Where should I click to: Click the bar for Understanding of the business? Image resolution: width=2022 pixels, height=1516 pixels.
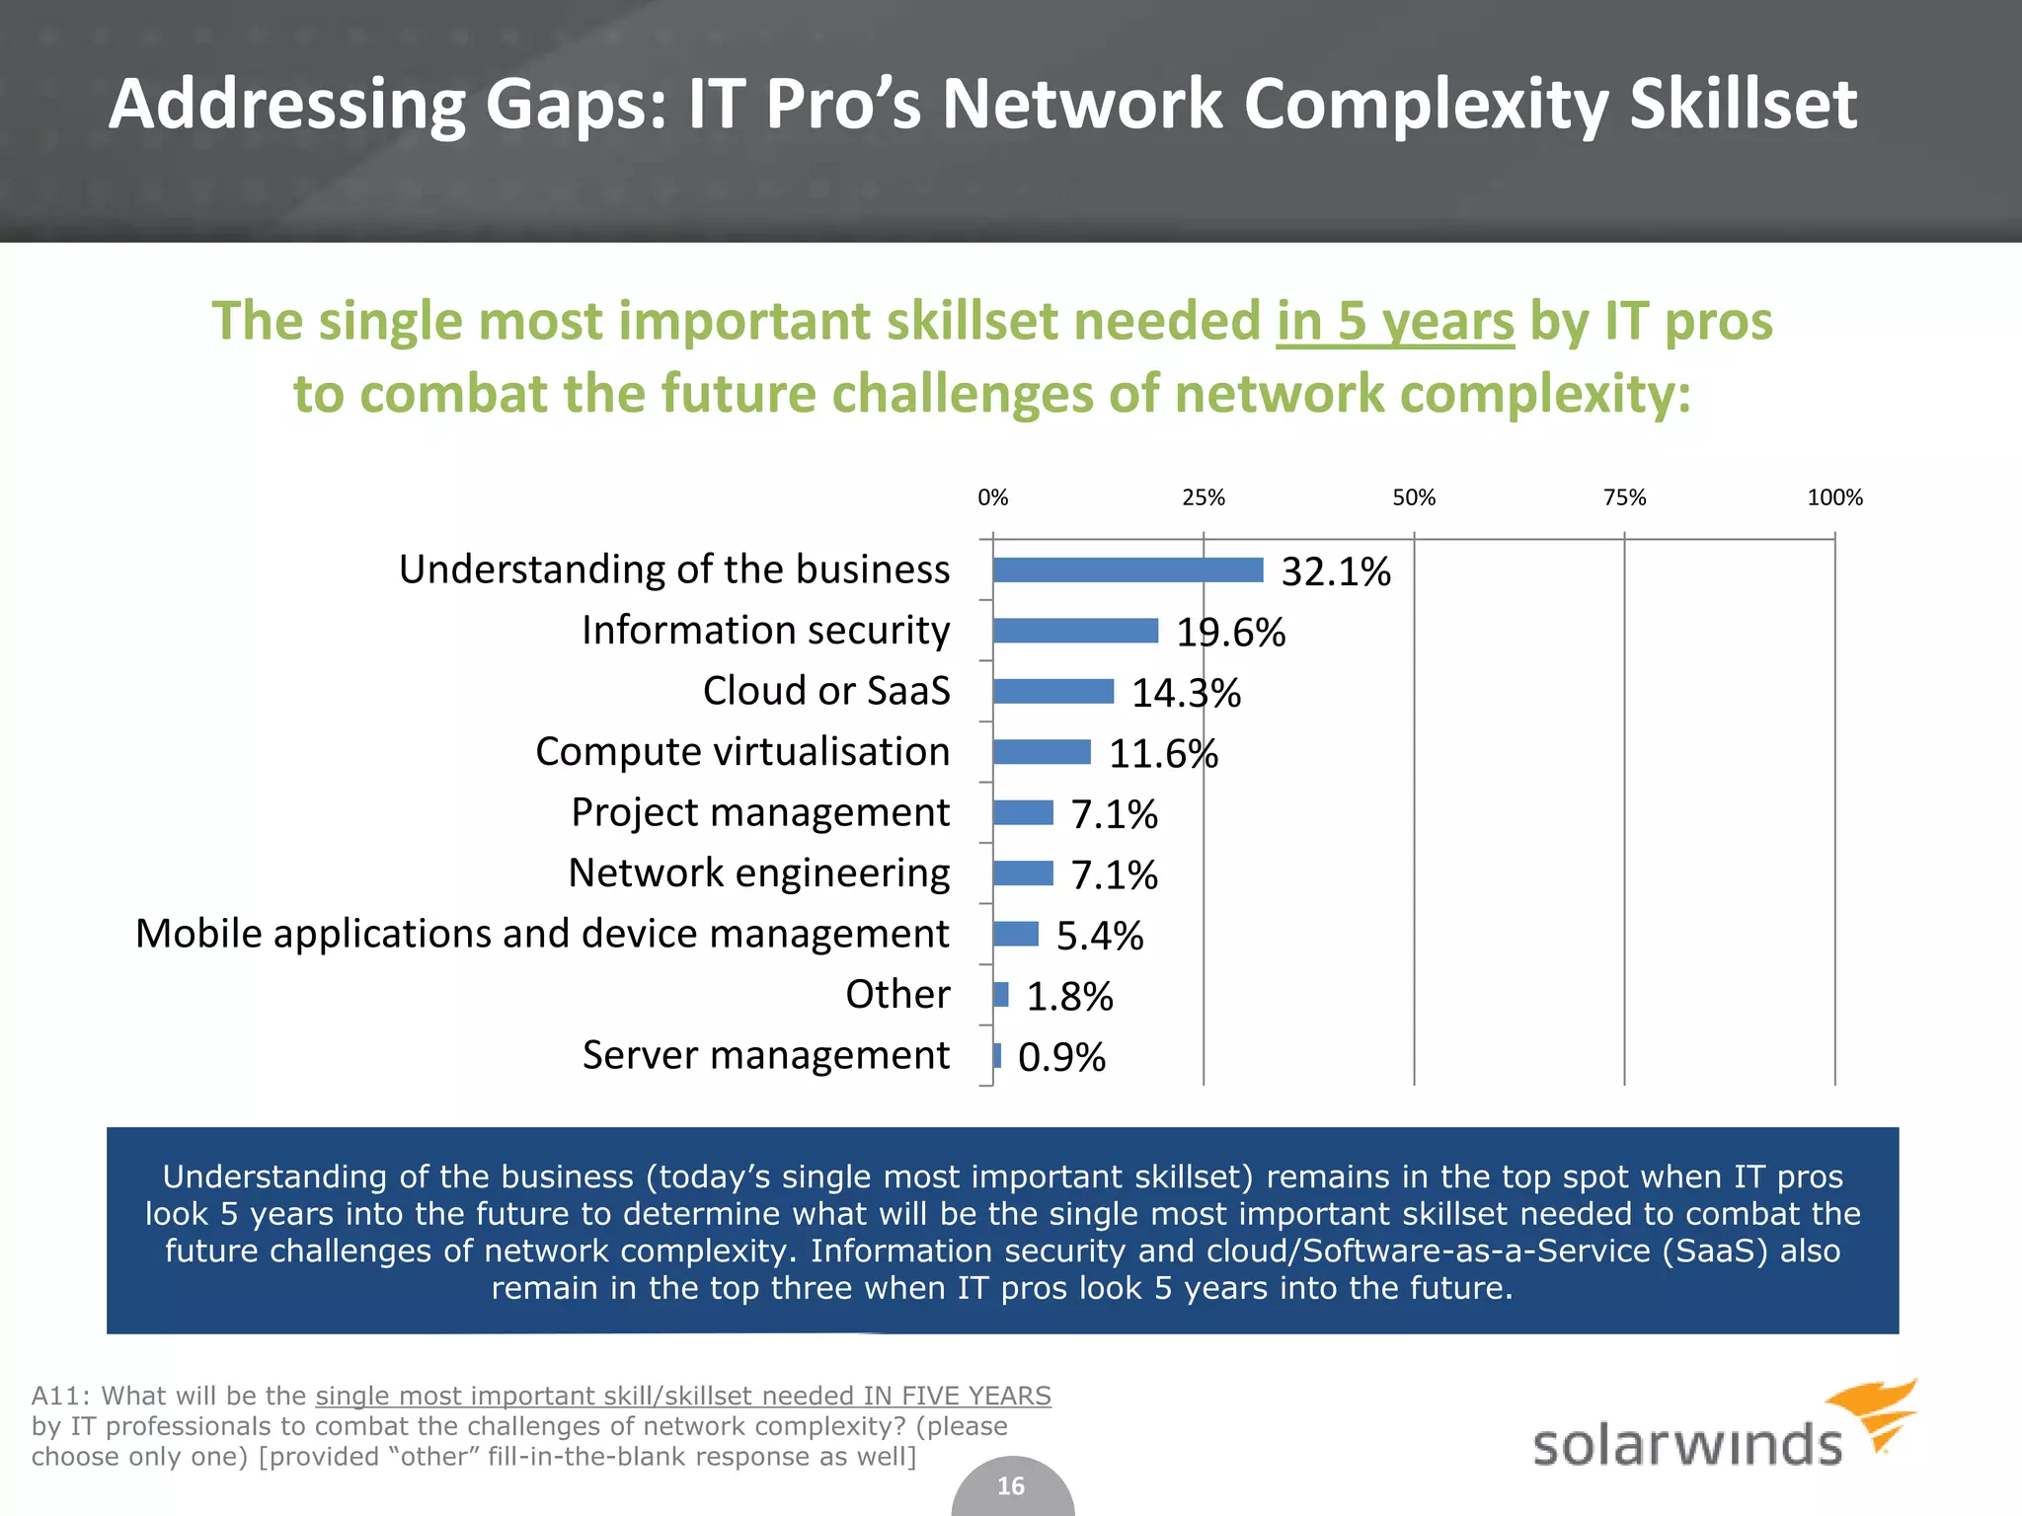[1128, 570]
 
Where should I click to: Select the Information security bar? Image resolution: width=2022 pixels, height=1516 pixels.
[1075, 631]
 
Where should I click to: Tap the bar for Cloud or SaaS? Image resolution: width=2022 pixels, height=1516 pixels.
[1052, 691]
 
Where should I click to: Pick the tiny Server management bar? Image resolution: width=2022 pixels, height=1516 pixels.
[997, 1056]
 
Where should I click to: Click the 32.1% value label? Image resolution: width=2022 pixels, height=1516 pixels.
[1335, 572]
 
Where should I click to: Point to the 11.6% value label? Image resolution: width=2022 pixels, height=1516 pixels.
[1163, 754]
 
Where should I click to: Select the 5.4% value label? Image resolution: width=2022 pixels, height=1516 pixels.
[1099, 936]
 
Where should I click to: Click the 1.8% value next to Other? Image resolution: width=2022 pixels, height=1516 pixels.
[1069, 997]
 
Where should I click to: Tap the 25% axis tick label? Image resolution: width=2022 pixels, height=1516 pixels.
[1203, 498]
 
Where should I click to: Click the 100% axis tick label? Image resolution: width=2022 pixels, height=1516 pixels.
[1833, 498]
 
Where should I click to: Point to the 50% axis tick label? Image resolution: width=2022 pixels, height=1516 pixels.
[1413, 498]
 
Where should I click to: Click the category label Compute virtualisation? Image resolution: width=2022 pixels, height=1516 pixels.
[742, 752]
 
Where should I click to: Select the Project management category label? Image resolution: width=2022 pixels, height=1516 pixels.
[760, 812]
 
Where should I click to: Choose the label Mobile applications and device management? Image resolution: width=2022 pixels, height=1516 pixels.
[542, 934]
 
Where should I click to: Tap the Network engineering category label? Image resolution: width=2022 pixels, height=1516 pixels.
[758, 873]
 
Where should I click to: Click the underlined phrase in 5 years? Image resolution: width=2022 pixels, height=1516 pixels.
[1394, 323]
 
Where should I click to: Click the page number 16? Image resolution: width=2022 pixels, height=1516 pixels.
[1011, 1486]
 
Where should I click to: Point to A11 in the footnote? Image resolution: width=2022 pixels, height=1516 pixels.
[58, 1396]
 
